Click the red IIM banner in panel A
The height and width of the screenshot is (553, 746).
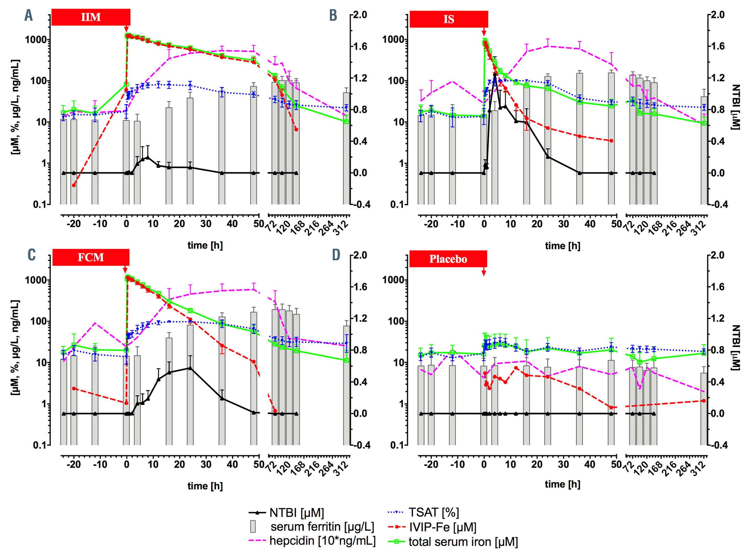pyautogui.click(x=91, y=17)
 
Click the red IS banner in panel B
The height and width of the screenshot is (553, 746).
pyautogui.click(x=449, y=19)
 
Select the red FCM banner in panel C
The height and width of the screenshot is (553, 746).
pyautogui.click(x=91, y=257)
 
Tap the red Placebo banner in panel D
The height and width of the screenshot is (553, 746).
pyautogui.click(x=448, y=259)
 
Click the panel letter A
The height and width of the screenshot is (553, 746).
pyautogui.click(x=28, y=15)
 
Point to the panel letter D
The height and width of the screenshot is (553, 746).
pyautogui.click(x=336, y=255)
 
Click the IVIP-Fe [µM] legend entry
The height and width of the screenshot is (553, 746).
pyautogui.click(x=442, y=527)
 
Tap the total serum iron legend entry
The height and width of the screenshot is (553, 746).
pyautogui.click(x=463, y=541)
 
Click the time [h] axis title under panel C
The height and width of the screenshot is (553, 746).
pyautogui.click(x=205, y=486)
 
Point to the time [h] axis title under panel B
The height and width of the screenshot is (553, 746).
pyautogui.click(x=562, y=246)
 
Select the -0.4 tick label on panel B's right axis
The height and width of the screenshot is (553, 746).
pyautogui.click(x=718, y=204)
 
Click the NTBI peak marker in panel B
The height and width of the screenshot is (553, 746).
pyautogui.click(x=494, y=75)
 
